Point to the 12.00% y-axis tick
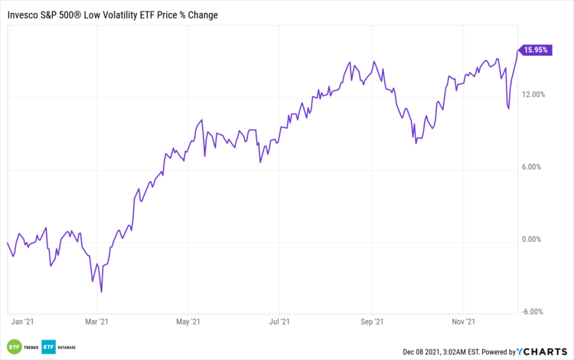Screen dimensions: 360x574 pos(533,95)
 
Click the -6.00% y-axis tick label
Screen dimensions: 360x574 pos(533,312)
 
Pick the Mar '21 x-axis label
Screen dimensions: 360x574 pos(96,322)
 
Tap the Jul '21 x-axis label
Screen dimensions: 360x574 pos(280,322)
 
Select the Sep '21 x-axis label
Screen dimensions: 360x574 pos(372,322)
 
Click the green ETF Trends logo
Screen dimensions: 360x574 pos(22,348)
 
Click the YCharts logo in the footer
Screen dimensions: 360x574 pos(543,352)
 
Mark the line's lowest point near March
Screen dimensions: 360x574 pos(102,292)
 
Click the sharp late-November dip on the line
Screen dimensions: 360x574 pos(509,109)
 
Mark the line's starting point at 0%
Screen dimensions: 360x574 pos(7,243)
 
